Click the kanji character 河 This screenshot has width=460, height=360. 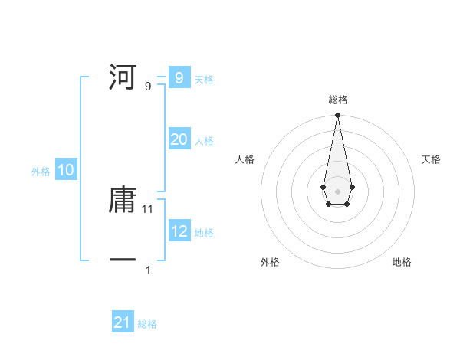(123, 78)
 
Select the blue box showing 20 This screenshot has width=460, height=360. (179, 139)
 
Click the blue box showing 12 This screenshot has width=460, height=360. (179, 231)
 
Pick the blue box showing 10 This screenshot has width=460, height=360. (66, 170)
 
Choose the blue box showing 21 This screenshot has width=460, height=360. (123, 322)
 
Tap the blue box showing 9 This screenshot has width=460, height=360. (179, 78)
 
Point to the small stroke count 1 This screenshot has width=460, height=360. (148, 270)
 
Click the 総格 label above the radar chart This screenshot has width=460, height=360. (338, 100)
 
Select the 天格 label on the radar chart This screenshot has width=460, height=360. (432, 159)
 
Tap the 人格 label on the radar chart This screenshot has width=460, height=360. (245, 159)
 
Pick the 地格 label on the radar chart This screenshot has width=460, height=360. (402, 262)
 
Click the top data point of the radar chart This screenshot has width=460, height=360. (337, 116)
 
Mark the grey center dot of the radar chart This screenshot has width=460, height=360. (337, 191)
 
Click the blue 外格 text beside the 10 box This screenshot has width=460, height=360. (41, 172)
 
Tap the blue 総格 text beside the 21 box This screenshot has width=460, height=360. (147, 324)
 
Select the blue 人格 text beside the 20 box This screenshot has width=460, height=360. (204, 141)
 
